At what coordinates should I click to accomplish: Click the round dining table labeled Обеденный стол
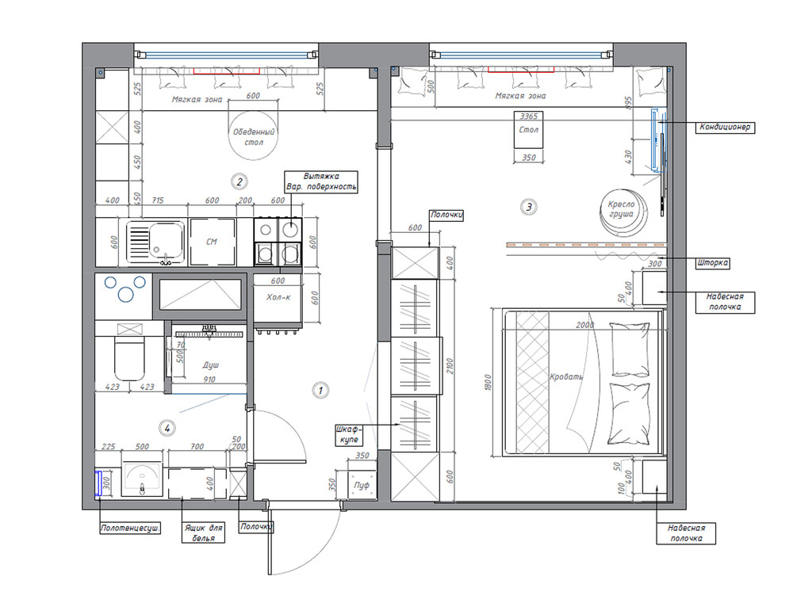(x=254, y=136)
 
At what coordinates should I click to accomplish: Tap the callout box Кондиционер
(x=725, y=127)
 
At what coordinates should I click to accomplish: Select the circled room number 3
(x=529, y=207)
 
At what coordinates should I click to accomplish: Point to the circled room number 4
(x=167, y=428)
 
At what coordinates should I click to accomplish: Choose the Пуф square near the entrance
(x=362, y=484)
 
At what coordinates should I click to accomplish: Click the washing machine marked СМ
(x=212, y=242)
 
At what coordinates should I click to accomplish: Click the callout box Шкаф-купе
(x=348, y=435)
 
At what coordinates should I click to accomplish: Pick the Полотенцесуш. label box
(x=131, y=529)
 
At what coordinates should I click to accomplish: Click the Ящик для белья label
(x=203, y=533)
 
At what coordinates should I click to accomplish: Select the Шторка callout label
(x=713, y=263)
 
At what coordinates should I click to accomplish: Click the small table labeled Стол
(x=528, y=130)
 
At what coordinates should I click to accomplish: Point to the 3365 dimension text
(x=528, y=116)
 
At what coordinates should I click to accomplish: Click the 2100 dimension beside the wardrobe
(x=450, y=366)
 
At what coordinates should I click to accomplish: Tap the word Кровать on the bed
(x=566, y=377)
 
